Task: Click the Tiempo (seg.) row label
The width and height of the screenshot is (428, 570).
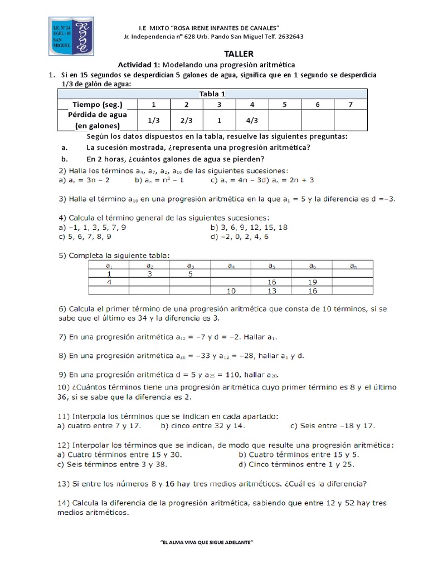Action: (x=97, y=105)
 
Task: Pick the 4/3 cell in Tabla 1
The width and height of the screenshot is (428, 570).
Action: (x=252, y=120)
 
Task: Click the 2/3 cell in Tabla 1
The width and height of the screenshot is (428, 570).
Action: (x=186, y=120)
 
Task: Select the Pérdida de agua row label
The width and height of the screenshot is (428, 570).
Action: (x=97, y=120)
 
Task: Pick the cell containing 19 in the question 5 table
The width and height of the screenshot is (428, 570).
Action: (x=312, y=282)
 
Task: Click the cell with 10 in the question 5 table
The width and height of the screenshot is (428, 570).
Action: (x=231, y=291)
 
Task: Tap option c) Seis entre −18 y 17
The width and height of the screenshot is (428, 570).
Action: (x=332, y=426)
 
